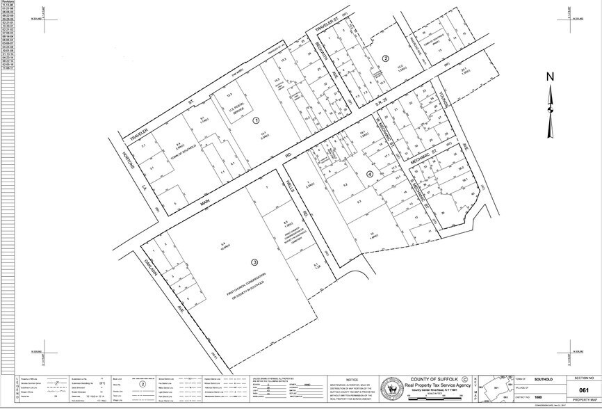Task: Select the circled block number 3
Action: point(254,262)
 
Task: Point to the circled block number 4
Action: point(370,174)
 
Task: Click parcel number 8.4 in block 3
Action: point(223,243)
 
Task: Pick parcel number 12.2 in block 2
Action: point(400,67)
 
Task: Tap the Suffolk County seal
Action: point(394,387)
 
